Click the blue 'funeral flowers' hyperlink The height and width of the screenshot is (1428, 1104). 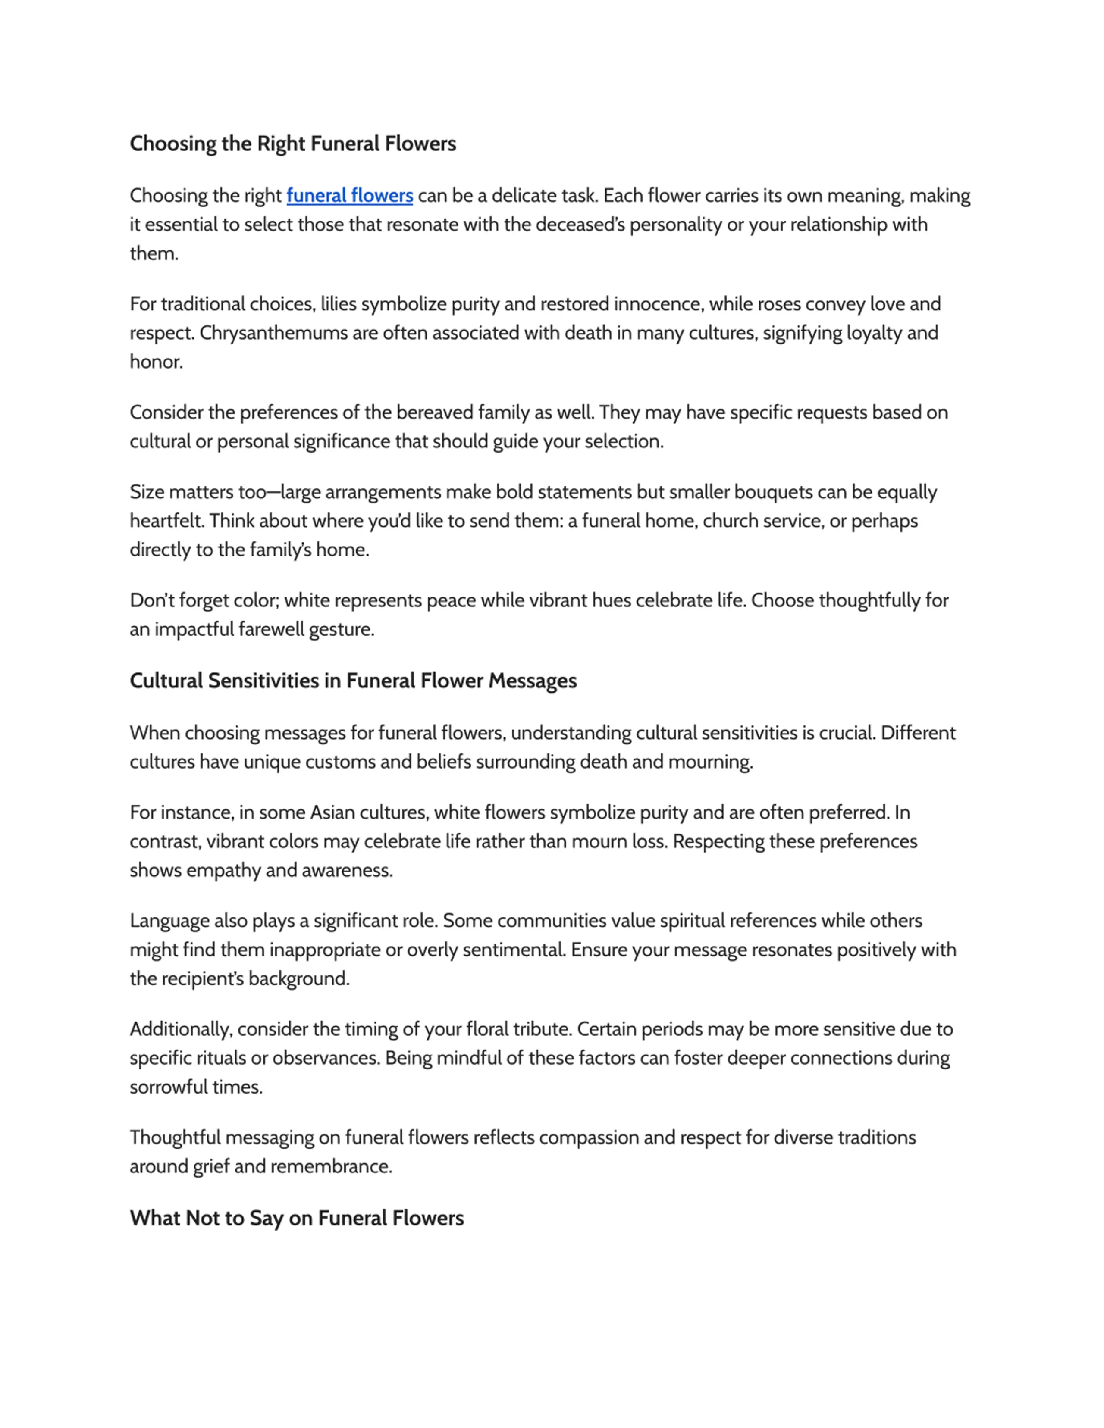[x=349, y=196]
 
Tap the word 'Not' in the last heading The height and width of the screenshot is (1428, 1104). [x=200, y=1218]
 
